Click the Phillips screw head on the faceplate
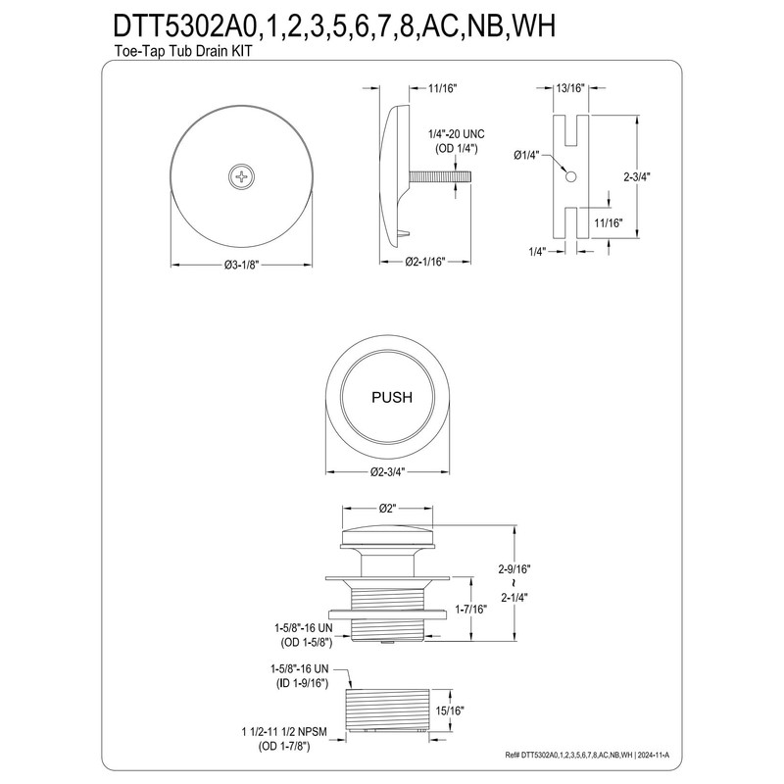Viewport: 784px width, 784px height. [x=240, y=177]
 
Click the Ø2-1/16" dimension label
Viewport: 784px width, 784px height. [x=425, y=262]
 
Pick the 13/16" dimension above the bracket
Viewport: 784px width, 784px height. [x=570, y=87]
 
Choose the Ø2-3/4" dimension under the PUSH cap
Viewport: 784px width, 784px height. [x=390, y=471]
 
